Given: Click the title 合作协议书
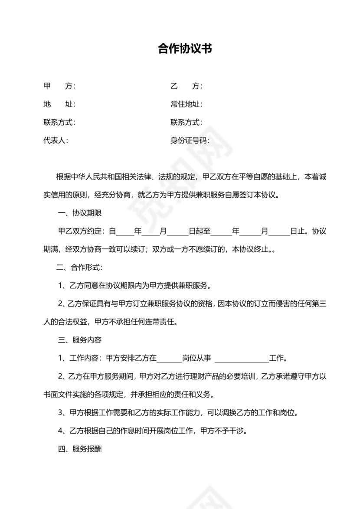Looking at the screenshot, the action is (185, 49).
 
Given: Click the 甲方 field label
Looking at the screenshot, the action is (59, 86).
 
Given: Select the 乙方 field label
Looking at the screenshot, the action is (186, 86).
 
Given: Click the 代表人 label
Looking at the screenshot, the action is (55, 140).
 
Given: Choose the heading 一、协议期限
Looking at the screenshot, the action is (80, 213).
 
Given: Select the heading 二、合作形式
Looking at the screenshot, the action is (80, 268).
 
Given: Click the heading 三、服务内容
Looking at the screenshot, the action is (80, 340).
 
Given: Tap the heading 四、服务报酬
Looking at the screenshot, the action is (80, 449).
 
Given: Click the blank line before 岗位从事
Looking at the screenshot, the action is (169, 359).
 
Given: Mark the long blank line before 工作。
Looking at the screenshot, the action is (242, 359).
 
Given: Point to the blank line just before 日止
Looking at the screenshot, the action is (282, 232).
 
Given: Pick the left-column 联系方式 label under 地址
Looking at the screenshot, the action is (59, 123).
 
